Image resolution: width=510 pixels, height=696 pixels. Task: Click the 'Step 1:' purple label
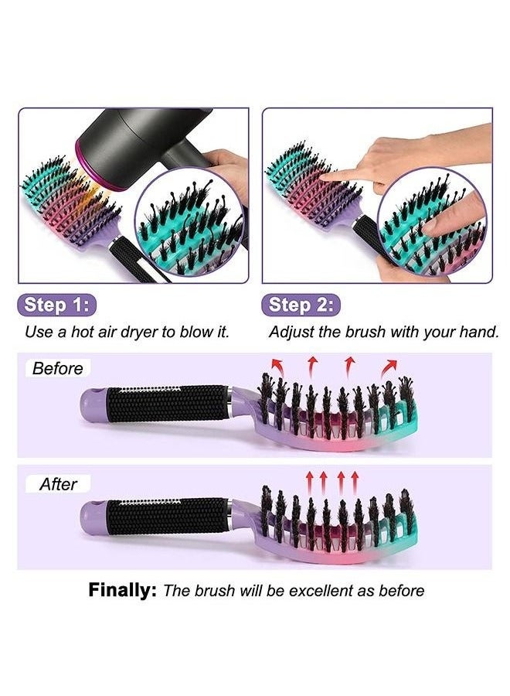(x=57, y=305)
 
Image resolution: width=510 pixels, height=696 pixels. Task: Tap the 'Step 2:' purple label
(x=301, y=305)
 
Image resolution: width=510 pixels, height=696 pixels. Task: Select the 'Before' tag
(x=57, y=369)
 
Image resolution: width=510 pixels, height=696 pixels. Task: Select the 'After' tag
(x=58, y=484)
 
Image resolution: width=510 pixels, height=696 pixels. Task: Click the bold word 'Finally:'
(x=122, y=591)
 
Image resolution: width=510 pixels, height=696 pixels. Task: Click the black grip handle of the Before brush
(x=166, y=404)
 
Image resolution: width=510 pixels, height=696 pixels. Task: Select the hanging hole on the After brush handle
(x=94, y=517)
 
